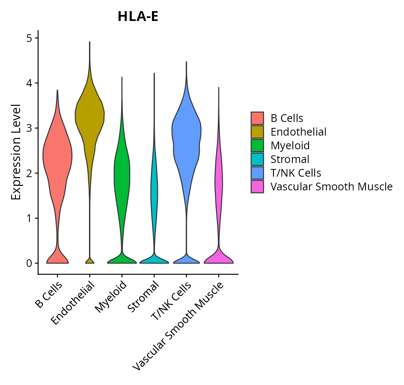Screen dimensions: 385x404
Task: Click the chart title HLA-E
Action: point(138,17)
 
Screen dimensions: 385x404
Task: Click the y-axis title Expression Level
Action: point(16,152)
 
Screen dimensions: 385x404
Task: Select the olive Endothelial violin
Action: point(90,115)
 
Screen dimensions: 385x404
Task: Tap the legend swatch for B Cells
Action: point(257,118)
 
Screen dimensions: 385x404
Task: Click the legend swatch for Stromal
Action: point(257,159)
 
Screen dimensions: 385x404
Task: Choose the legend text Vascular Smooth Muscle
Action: point(331,187)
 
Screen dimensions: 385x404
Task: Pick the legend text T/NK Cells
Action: point(296,173)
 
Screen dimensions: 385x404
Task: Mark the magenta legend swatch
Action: point(257,187)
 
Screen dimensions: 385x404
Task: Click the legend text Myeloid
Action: point(290,145)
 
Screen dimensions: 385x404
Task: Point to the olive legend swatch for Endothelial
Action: point(257,131)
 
